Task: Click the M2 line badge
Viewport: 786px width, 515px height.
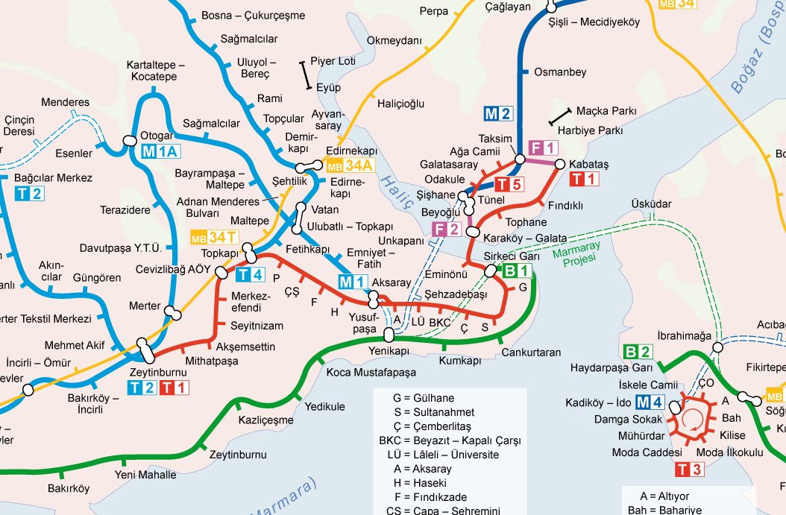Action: [x=499, y=114]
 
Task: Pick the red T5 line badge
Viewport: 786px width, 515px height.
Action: [x=511, y=184]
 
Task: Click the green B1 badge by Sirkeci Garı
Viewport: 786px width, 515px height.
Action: [x=518, y=271]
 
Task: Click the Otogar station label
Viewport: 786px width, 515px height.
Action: [x=157, y=136]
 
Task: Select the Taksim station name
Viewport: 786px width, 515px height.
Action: [x=496, y=139]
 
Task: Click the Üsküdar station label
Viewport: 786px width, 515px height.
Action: [x=651, y=203]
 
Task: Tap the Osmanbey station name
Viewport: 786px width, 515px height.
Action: [x=561, y=72]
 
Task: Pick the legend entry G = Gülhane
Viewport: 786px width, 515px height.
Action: [x=423, y=398]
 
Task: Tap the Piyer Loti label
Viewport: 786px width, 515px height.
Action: [x=333, y=61]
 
